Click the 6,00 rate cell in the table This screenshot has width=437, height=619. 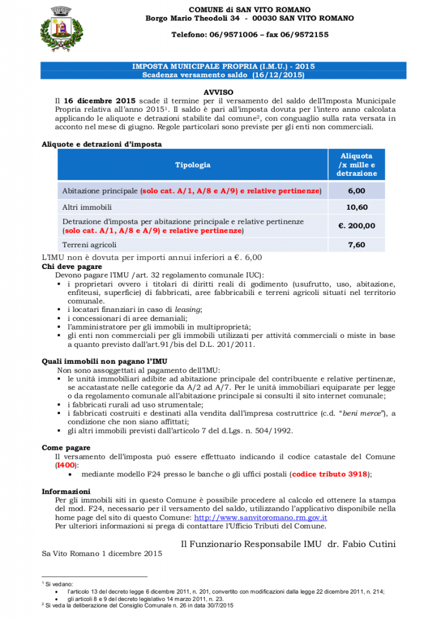point(356,191)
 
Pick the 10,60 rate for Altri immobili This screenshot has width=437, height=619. point(356,207)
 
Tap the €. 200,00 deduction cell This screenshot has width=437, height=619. point(356,226)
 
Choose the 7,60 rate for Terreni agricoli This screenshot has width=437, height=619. point(356,245)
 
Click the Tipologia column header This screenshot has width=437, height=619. point(193,165)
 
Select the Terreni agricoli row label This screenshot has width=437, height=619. point(89,245)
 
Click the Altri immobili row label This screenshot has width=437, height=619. point(86,207)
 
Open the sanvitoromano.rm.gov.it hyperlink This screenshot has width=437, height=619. point(260,517)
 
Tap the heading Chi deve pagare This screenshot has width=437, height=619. point(72,266)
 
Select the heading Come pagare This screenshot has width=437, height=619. point(66,448)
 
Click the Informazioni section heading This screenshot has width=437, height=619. point(66,491)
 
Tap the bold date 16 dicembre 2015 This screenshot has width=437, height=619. point(99,100)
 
